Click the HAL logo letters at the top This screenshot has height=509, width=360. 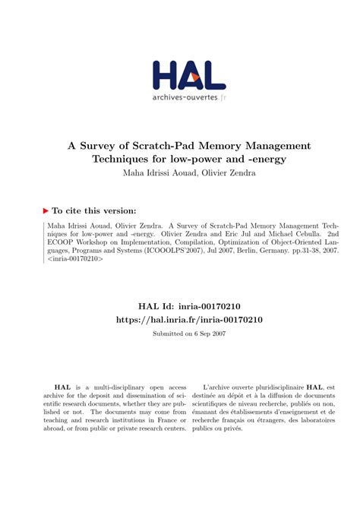click(x=189, y=75)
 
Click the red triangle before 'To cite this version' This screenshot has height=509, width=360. click(x=48, y=210)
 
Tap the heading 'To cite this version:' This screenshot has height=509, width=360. click(x=96, y=210)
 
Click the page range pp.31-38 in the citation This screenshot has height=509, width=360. click(x=294, y=248)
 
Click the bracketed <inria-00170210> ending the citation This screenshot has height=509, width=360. click(x=75, y=259)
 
